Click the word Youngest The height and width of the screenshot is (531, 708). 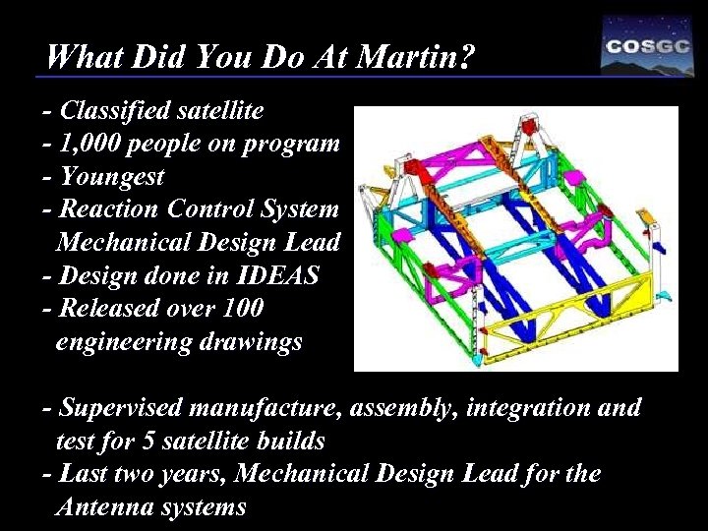pos(111,178)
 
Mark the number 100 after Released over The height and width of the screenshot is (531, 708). pos(242,309)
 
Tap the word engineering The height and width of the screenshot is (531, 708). pos(123,342)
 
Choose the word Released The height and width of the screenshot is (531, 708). pos(110,309)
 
